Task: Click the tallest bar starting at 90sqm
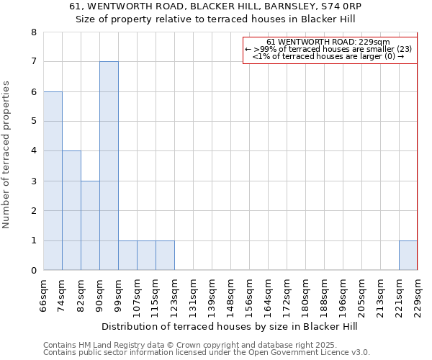pyautogui.click(x=109, y=166)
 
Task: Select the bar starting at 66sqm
pyautogui.click(x=53, y=181)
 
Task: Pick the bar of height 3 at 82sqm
pyautogui.click(x=90, y=225)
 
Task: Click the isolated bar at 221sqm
pyautogui.click(x=408, y=256)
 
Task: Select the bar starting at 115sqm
pyautogui.click(x=165, y=256)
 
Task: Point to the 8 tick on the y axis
pyautogui.click(x=33, y=32)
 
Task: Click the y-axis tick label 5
pyautogui.click(x=33, y=122)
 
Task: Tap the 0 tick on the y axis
pyautogui.click(x=33, y=270)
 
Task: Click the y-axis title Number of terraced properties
pyautogui.click(x=6, y=155)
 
